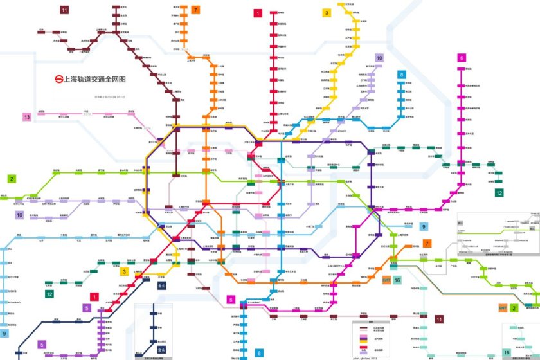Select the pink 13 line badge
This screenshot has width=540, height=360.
click(x=27, y=117)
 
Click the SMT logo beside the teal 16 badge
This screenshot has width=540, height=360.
click(x=387, y=280)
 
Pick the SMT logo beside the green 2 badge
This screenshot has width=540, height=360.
click(x=503, y=309)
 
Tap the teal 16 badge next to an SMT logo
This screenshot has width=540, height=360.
click(x=397, y=280)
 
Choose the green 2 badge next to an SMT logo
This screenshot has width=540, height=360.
click(x=514, y=309)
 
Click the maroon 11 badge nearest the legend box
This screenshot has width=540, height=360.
click(x=440, y=319)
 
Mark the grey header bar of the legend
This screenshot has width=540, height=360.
click(x=370, y=323)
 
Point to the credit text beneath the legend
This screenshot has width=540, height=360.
click(x=370, y=355)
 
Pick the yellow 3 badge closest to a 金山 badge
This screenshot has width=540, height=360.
click(x=125, y=271)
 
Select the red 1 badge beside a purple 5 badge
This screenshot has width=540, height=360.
click(x=94, y=297)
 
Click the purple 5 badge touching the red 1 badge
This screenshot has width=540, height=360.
click(x=87, y=308)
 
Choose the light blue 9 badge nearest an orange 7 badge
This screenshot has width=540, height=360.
click(x=424, y=226)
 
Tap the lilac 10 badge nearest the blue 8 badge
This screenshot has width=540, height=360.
click(x=379, y=58)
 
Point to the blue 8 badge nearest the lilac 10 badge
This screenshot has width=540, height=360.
click(x=402, y=75)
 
